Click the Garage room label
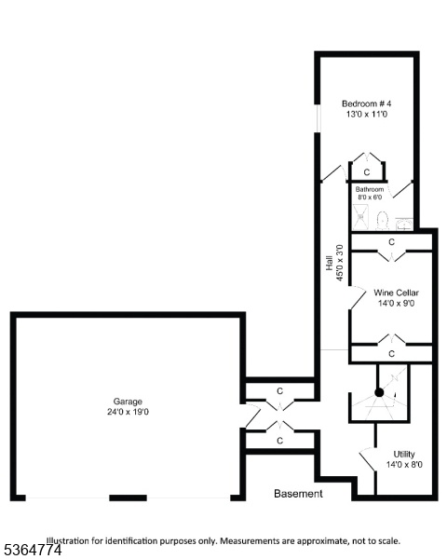click(x=128, y=402)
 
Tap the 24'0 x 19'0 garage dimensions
click(x=128, y=412)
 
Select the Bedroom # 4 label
click(x=366, y=103)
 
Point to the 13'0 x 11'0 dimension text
click(x=366, y=115)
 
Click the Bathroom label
click(x=370, y=189)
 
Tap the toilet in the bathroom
click(x=382, y=221)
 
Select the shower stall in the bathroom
click(x=362, y=217)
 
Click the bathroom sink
click(x=404, y=225)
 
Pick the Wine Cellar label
click(x=396, y=293)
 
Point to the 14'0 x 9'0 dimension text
click(x=396, y=304)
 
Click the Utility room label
click(x=404, y=455)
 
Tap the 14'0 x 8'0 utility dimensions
click(x=404, y=465)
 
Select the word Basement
click(x=298, y=494)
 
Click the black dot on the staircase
click(x=379, y=392)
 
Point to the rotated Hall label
click(x=330, y=263)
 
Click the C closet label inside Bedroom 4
click(x=366, y=172)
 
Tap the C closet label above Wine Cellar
click(x=391, y=242)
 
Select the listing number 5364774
click(x=31, y=550)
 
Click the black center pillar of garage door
click(x=128, y=498)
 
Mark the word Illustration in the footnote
click(x=68, y=540)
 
